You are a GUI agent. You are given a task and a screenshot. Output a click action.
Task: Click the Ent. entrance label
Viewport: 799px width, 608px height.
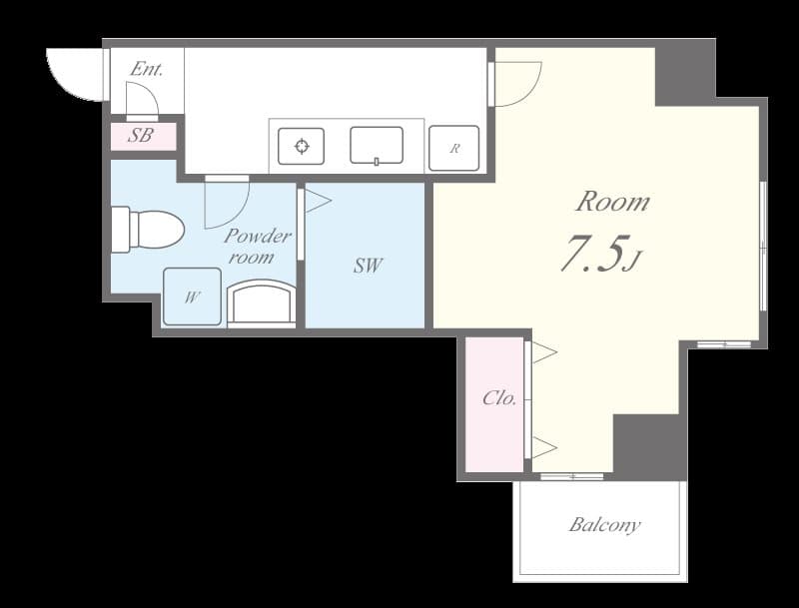point(146,70)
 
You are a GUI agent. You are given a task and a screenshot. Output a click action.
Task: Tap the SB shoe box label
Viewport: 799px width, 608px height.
point(141,136)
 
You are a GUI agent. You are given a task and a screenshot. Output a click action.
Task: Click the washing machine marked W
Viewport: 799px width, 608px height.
point(192,297)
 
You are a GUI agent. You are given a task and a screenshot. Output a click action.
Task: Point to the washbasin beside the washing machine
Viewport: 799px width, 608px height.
point(262,303)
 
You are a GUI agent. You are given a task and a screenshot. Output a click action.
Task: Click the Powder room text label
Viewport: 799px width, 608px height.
point(257,246)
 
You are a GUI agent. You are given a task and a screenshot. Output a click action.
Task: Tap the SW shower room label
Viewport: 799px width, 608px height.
point(368,266)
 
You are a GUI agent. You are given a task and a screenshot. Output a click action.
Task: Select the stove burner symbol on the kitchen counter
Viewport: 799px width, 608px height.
point(302,147)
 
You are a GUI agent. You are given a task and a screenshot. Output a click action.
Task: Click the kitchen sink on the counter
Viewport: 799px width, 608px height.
point(377,146)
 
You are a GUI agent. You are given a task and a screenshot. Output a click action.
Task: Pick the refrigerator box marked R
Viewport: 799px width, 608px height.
point(453,148)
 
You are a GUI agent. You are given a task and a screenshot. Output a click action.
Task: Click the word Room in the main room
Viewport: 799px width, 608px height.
point(612,202)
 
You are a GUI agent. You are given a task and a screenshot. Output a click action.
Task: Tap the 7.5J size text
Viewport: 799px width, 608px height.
point(598,256)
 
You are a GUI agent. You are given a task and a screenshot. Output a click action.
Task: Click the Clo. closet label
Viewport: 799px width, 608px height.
point(498,398)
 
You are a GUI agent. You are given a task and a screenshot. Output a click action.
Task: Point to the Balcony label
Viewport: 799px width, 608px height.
point(605,525)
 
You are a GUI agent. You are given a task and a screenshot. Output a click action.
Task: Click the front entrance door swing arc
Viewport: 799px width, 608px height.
point(76,75)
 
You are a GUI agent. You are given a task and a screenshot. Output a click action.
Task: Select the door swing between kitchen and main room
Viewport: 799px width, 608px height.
point(516,84)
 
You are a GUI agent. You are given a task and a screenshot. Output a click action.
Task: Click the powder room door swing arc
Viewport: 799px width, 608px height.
point(226,204)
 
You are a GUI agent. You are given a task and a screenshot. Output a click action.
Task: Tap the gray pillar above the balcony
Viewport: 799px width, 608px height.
point(649,445)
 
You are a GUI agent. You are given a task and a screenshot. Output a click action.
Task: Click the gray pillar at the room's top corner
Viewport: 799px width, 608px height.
point(684,72)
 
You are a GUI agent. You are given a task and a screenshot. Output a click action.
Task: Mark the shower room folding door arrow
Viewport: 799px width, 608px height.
point(317,201)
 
